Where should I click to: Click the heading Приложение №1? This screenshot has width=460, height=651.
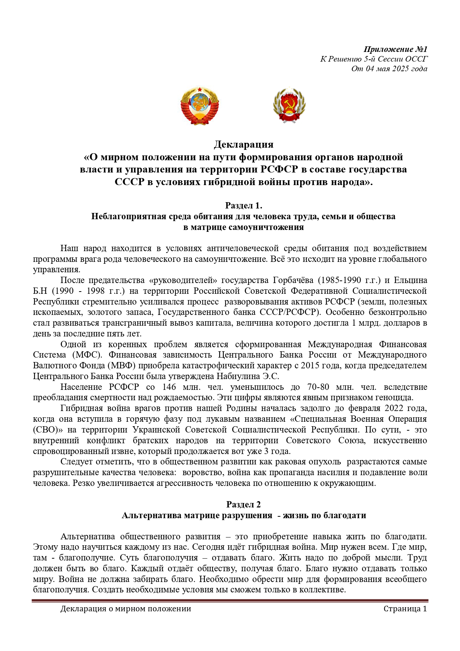[395, 49]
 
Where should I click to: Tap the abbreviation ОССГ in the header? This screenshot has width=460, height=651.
[416, 59]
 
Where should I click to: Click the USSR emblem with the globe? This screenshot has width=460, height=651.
[200, 105]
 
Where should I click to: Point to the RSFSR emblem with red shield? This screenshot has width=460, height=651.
[289, 105]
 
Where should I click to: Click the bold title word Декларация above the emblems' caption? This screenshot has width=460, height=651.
[244, 144]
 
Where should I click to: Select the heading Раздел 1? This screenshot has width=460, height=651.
[244, 206]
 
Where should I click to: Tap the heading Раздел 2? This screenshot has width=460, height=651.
[244, 504]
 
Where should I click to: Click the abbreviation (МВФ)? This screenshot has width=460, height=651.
[122, 365]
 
